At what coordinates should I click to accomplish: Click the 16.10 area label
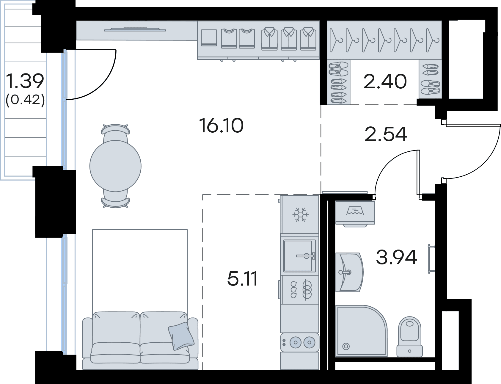click(222, 125)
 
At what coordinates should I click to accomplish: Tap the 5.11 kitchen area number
click(242, 279)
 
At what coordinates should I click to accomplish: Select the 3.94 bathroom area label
click(396, 257)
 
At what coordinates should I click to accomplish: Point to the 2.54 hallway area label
click(386, 134)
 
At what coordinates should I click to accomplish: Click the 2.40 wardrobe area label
click(385, 81)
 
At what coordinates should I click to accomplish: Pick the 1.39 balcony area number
click(25, 81)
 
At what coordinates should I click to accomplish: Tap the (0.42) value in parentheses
click(25, 100)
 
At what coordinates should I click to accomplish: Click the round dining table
click(115, 166)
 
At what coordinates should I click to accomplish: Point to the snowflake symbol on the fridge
click(301, 214)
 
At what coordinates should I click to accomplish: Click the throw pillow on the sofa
click(181, 336)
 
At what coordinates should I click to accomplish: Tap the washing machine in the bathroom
click(355, 212)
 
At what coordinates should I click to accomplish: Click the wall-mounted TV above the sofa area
click(135, 29)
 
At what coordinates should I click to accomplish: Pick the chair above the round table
click(116, 133)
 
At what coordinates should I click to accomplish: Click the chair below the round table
click(116, 199)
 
